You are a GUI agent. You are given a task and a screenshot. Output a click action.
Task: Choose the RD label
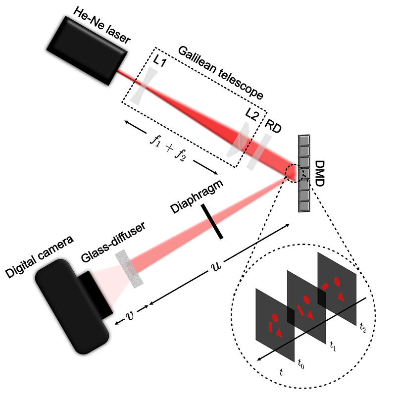(273, 126)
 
